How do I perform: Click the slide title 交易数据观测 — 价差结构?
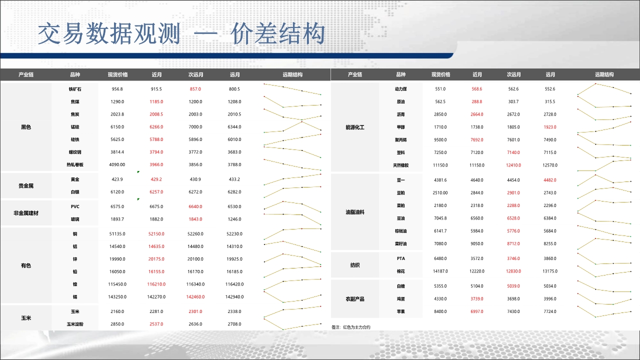point(181,34)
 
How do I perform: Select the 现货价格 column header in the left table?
point(117,75)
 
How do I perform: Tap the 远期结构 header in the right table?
point(604,74)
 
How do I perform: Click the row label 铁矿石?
point(75,89)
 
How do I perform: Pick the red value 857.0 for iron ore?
point(195,89)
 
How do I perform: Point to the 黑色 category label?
point(26,127)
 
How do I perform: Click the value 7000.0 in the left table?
point(195,127)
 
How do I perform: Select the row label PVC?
point(75,206)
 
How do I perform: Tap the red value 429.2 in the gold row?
point(156,179)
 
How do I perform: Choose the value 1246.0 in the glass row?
point(234,219)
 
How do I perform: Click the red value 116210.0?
point(156,284)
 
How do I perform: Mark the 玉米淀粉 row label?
point(75,324)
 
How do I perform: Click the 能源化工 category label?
point(355,127)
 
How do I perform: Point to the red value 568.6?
point(477,89)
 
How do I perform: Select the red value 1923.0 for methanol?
point(550,127)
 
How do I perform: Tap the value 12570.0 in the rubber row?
point(550,165)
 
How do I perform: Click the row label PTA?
point(401,258)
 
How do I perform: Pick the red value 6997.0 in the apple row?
point(477,311)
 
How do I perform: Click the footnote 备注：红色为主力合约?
point(351,327)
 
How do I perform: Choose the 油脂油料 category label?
point(355,212)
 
